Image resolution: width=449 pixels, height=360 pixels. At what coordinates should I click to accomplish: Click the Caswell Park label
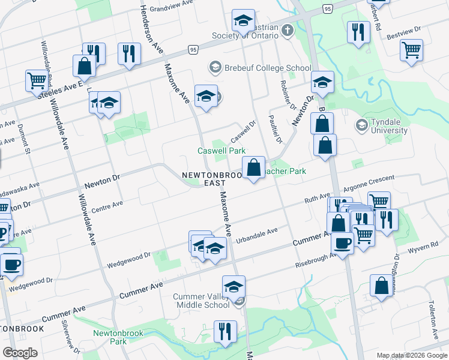click(221, 151)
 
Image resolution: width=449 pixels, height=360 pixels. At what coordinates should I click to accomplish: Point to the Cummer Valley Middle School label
click(201, 301)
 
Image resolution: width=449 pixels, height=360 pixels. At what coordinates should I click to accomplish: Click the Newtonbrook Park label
click(110, 337)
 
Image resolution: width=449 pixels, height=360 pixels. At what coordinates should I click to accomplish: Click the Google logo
click(20, 352)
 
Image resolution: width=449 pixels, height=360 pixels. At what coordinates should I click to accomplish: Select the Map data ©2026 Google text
click(411, 355)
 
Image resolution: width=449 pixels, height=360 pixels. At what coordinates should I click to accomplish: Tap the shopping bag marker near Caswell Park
click(254, 167)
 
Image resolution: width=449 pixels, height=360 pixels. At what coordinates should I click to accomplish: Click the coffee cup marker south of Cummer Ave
click(342, 244)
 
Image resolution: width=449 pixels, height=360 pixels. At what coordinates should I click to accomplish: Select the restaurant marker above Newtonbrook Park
click(225, 332)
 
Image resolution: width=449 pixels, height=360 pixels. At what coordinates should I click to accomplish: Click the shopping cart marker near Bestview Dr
click(412, 51)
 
